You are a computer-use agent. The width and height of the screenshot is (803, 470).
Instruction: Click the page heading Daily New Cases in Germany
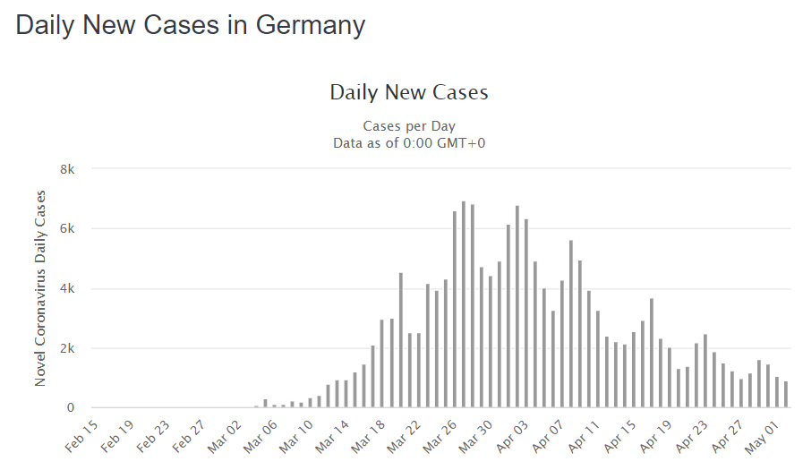191,25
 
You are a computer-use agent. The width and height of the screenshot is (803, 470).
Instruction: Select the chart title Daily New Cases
409,92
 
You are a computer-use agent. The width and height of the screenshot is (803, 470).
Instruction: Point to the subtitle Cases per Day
409,126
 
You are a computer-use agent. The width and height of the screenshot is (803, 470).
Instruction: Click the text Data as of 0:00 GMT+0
409,142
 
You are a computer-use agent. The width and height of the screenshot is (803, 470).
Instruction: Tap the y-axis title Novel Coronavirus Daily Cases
40,288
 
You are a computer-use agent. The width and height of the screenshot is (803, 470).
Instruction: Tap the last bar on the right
786,395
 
